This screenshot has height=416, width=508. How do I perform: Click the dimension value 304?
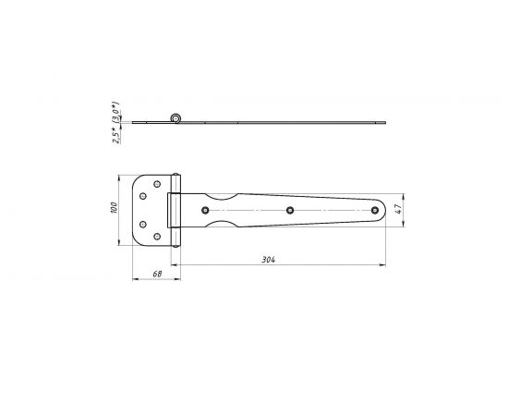pyautogui.click(x=268, y=260)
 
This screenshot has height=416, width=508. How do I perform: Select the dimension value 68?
pyautogui.click(x=157, y=274)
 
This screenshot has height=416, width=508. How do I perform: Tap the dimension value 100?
pyautogui.click(x=114, y=207)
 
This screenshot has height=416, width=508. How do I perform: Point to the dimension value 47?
pyautogui.click(x=399, y=208)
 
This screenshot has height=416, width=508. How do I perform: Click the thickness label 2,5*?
pyautogui.click(x=115, y=136)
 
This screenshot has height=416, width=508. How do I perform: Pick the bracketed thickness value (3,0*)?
pyautogui.click(x=115, y=112)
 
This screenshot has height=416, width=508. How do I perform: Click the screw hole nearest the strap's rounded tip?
pyautogui.click(x=375, y=210)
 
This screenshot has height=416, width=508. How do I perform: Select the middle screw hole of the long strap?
pyautogui.click(x=290, y=210)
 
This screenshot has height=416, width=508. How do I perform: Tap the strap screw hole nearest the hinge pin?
pyautogui.click(x=205, y=210)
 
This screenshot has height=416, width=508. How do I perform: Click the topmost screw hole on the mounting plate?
pyautogui.click(x=157, y=184)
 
